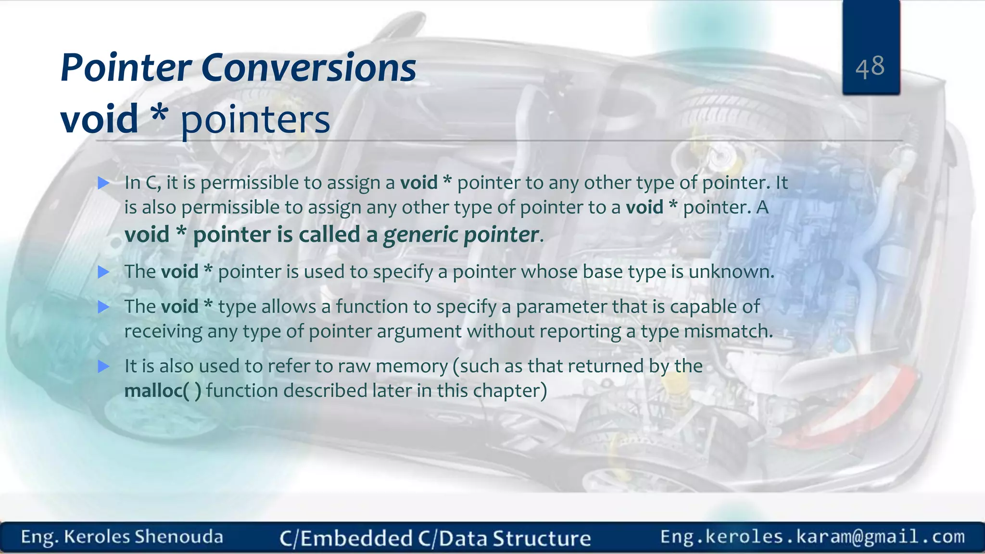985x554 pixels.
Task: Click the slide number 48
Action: pyautogui.click(x=870, y=66)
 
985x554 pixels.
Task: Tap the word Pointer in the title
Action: pyautogui.click(x=126, y=68)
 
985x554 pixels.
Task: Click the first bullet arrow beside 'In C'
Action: pyautogui.click(x=103, y=183)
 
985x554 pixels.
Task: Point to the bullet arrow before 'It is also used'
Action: pyautogui.click(x=103, y=366)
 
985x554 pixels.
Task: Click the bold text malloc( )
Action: pyautogui.click(x=163, y=390)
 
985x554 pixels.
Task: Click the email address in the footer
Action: pyautogui.click(x=812, y=537)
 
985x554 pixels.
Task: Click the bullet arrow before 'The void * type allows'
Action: pyautogui.click(x=103, y=307)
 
